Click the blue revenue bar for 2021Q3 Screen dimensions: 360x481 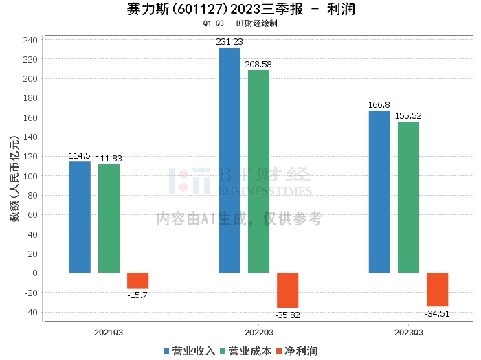pyautogui.click(x=80, y=217)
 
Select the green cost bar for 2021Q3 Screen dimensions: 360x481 pyautogui.click(x=109, y=218)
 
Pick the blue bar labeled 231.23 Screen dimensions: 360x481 pyautogui.click(x=230, y=160)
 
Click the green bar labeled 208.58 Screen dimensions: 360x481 pyautogui.click(x=258, y=171)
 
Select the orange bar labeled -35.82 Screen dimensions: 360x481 pyautogui.click(x=287, y=290)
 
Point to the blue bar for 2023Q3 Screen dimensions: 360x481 pyautogui.click(x=379, y=192)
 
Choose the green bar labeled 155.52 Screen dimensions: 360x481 pyautogui.click(x=408, y=197)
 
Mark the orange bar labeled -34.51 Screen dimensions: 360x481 pyautogui.click(x=437, y=289)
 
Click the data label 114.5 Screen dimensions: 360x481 pyautogui.click(x=80, y=156)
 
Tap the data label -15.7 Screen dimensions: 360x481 pyautogui.click(x=137, y=295)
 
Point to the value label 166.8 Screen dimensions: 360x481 pyautogui.click(x=379, y=105)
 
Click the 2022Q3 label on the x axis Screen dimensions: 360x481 pyautogui.click(x=258, y=332)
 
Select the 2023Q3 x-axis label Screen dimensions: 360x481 pyautogui.click(x=408, y=332)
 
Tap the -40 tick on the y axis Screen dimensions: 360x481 pyautogui.click(x=30, y=312)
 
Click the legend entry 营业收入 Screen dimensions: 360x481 pyautogui.click(x=190, y=350)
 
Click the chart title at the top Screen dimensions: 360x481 pyautogui.click(x=240, y=10)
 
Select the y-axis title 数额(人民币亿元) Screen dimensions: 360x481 pyautogui.click(x=13, y=175)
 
